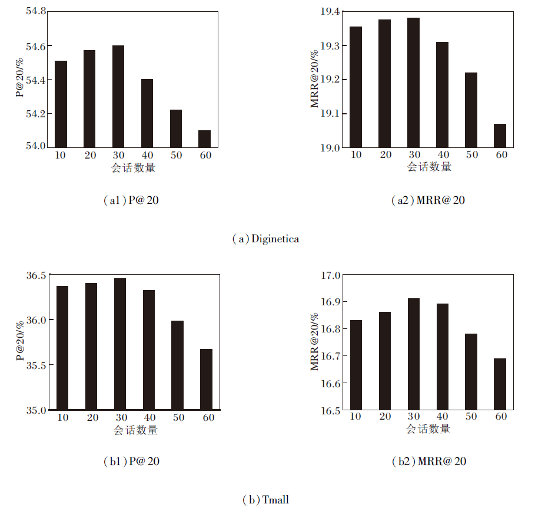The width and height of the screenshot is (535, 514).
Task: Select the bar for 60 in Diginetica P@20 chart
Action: (x=204, y=139)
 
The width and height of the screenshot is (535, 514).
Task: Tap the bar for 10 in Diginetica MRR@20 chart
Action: (x=355, y=87)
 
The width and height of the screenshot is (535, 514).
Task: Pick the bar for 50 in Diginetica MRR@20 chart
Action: (x=471, y=110)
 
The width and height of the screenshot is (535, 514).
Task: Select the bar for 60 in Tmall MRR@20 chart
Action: (x=500, y=384)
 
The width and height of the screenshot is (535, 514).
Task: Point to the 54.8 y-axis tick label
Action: (x=36, y=12)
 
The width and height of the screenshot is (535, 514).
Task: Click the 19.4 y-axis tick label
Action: (x=330, y=12)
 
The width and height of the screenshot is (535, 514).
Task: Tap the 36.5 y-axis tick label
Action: (x=36, y=275)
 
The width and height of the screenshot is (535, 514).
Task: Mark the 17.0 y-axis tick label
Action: (x=330, y=275)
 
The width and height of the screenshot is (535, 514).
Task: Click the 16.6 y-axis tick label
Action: (x=330, y=384)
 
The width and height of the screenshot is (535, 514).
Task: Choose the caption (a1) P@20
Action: (x=131, y=200)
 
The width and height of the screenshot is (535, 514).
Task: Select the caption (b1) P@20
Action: (x=131, y=462)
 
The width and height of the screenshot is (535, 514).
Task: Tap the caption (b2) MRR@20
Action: (x=428, y=462)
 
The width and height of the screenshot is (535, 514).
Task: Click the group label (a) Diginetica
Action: (x=265, y=239)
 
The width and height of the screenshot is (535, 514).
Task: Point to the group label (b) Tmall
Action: (x=265, y=500)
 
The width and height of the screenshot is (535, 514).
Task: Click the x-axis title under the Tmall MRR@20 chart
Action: (x=428, y=429)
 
